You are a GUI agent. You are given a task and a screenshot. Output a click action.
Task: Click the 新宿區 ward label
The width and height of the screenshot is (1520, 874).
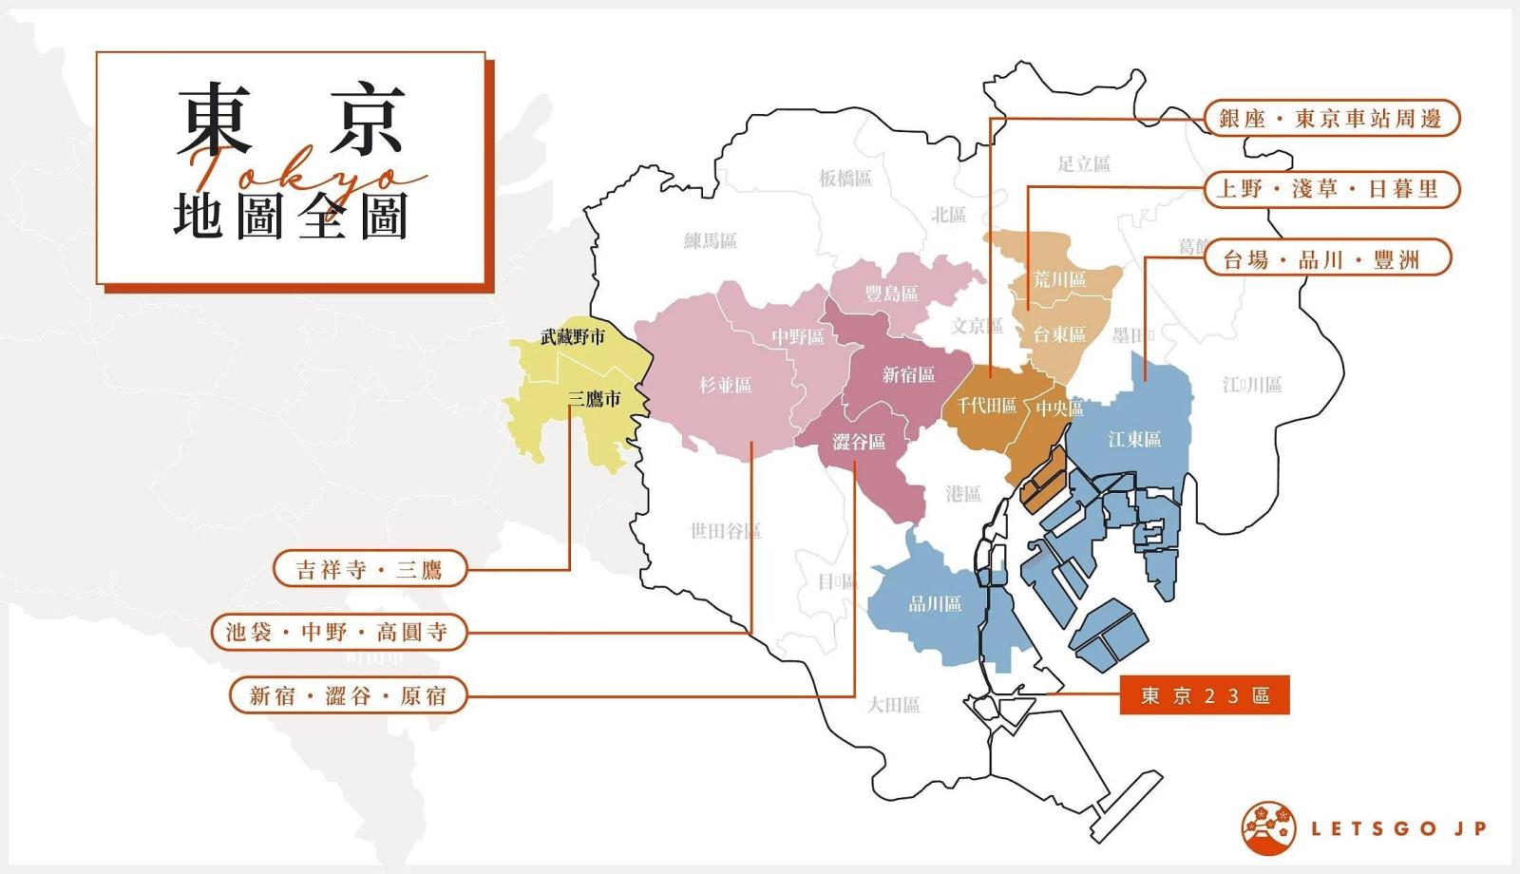908,374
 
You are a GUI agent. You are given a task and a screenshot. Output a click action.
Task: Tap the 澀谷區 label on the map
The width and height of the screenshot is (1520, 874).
859,442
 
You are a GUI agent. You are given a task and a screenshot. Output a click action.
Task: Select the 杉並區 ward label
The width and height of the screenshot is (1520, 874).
725,385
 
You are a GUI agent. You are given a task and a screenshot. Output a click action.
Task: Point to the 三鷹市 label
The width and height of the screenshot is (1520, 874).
594,399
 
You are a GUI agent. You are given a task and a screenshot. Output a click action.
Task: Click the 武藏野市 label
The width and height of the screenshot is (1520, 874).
572,336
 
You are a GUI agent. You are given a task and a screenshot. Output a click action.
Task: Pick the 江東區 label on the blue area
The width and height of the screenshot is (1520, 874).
1134,439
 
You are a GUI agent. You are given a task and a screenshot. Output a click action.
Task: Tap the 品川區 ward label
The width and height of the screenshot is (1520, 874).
935,603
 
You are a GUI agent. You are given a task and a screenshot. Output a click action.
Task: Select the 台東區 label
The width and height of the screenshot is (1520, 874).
1058,334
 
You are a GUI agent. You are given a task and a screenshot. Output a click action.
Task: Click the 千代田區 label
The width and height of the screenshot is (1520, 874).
986,406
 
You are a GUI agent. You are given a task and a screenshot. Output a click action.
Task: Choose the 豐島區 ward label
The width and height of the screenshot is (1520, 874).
891,294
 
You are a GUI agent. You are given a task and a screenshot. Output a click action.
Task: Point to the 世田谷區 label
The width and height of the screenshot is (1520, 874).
725,531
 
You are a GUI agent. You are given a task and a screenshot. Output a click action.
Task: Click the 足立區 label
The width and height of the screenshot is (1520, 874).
1083,163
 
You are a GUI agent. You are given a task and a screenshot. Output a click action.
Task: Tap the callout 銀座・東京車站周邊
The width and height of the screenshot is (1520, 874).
1331,119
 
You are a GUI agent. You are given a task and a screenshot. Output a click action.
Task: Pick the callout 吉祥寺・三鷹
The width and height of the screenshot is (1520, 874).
370,569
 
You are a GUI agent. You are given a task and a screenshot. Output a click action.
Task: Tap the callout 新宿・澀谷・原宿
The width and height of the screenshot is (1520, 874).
348,695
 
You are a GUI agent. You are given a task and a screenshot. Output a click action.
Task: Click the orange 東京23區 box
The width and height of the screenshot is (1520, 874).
1204,695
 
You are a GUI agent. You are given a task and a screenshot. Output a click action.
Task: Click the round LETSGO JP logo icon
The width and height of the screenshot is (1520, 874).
1267,828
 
